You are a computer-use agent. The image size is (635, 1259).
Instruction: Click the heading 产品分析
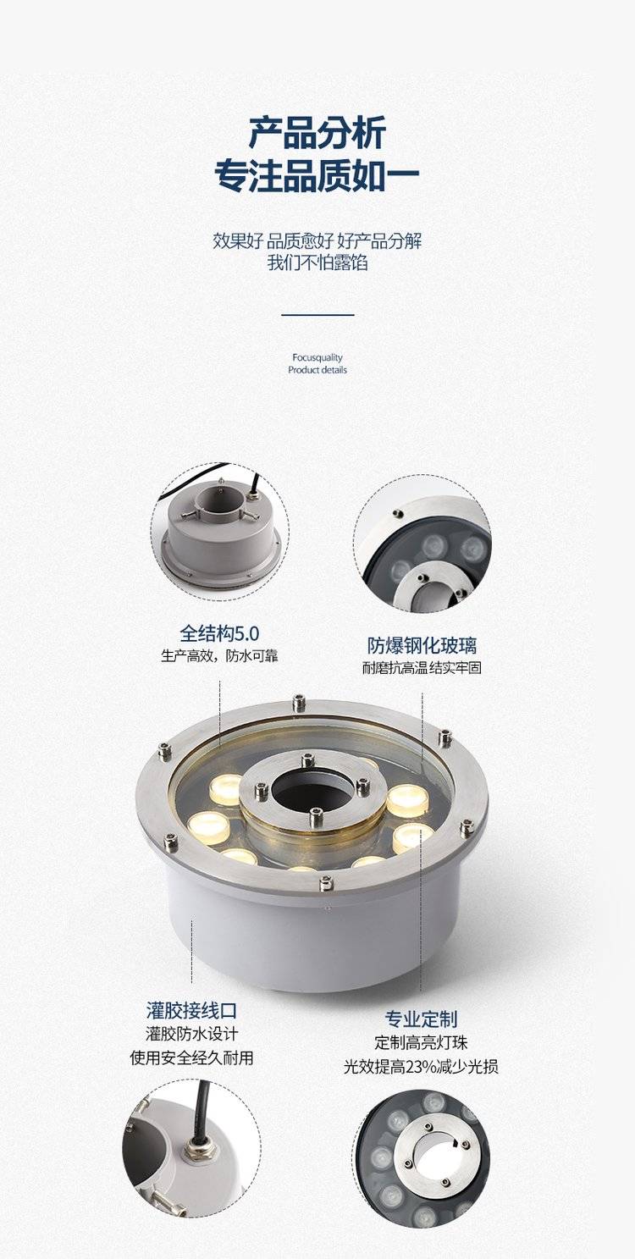pos(317,133)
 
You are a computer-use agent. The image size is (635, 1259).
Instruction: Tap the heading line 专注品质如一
pos(317,176)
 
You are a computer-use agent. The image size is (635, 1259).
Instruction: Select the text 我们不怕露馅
pos(317,262)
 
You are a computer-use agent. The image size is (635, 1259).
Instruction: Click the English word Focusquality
pos(317,357)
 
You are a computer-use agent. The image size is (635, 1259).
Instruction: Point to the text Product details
pos(317,370)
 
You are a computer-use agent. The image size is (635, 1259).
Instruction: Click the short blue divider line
pos(317,315)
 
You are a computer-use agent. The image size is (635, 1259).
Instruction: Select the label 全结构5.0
pos(220,633)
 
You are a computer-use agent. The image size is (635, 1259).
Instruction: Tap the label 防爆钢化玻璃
pos(422,646)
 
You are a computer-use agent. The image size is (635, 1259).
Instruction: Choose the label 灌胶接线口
pos(191,1011)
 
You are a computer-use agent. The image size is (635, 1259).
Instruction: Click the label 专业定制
pos(421,1019)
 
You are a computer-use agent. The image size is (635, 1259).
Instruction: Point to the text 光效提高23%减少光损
pos(421,1066)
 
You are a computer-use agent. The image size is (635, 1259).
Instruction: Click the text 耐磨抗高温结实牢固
pos(422,668)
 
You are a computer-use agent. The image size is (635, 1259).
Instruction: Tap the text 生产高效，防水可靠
pos(220,656)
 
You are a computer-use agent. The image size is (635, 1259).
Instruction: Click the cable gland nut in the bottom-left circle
pos(200,1146)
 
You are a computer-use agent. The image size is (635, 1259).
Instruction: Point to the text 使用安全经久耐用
pos(191,1057)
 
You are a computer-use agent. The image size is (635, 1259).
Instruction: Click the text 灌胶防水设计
pos(191,1034)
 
